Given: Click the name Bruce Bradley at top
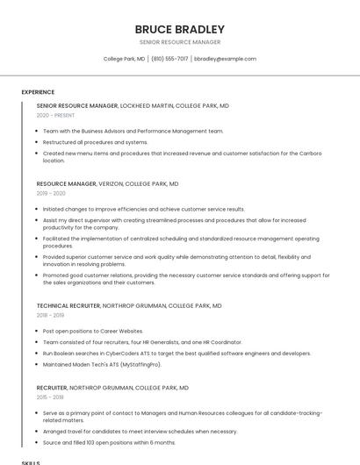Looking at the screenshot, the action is click(180, 29).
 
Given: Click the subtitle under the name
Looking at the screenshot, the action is click(180, 42).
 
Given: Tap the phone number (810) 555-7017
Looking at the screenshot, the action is click(169, 59).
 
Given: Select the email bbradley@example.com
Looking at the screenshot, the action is click(225, 59).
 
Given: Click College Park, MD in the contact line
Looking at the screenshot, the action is click(124, 59).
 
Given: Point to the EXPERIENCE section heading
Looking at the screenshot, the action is click(38, 92).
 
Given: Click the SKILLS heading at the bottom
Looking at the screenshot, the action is click(31, 461).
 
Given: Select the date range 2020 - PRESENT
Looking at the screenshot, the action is click(55, 115).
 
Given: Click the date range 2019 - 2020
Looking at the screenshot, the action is click(51, 193).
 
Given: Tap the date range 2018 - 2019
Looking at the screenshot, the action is click(50, 315).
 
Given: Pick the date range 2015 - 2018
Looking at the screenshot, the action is click(50, 397).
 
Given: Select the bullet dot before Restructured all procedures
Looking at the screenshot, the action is click(36, 142).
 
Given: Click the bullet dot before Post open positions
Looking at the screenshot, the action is click(36, 331).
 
